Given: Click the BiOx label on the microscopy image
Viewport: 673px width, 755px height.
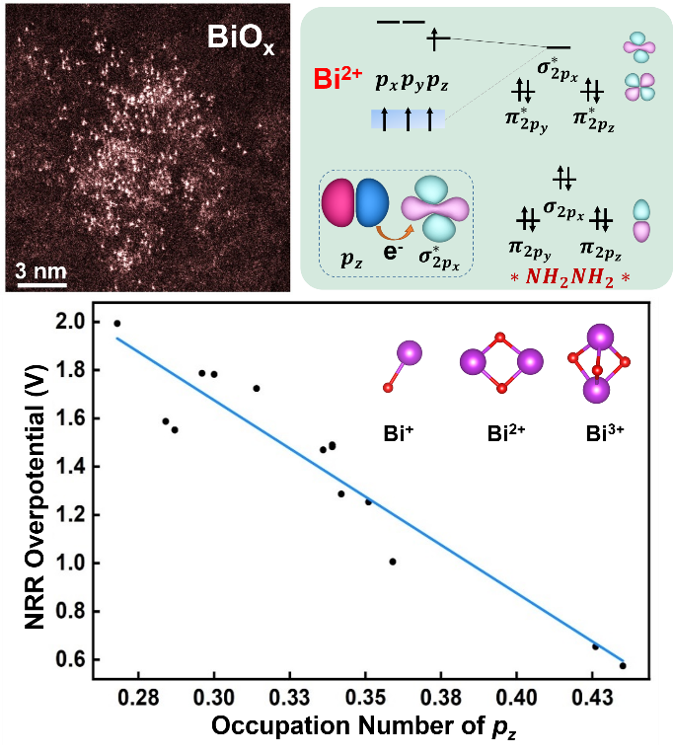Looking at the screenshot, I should click(x=240, y=39).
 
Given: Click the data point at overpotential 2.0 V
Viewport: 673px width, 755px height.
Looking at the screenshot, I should click(x=117, y=323).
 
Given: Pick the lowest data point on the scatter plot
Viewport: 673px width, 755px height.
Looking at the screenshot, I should click(x=623, y=665).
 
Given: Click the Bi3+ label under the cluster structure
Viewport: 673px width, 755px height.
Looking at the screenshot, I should click(x=595, y=432).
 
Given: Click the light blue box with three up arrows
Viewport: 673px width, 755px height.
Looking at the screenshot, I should click(x=408, y=119).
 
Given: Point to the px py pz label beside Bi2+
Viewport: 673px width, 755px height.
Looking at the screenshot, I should click(x=411, y=83).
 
